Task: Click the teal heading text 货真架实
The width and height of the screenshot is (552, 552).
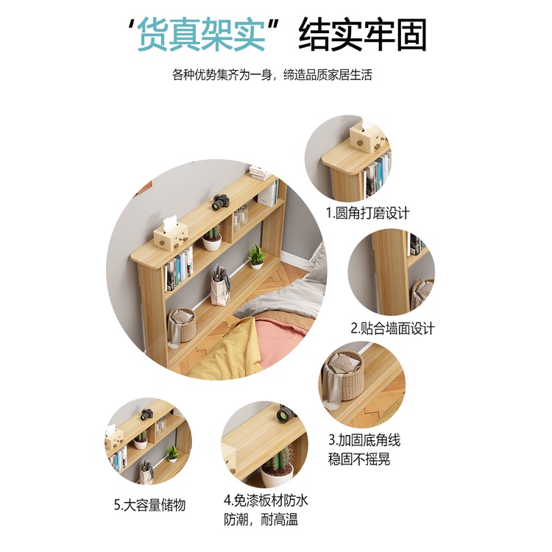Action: point(201,35)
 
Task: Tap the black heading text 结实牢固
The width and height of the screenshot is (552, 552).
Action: point(363,35)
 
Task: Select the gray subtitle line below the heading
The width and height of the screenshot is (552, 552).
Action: point(272,74)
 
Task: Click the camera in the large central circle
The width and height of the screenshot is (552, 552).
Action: point(221,202)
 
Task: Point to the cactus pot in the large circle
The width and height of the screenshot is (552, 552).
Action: point(212,238)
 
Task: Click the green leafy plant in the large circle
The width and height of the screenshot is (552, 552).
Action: point(257,257)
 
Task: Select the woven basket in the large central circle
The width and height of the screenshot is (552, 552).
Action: point(182,325)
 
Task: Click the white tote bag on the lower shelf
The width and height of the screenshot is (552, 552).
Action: point(220,285)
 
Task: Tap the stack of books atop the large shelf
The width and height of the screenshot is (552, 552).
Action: point(260,173)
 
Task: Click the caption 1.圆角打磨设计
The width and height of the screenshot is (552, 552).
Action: point(367,213)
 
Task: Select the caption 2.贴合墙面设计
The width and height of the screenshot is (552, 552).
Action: point(393,328)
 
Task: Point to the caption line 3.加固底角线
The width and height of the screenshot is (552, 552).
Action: point(364,440)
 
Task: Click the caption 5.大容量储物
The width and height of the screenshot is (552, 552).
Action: point(149,505)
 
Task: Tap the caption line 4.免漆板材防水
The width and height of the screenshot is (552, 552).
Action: point(266,500)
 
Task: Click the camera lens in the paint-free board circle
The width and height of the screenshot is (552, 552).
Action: point(283,415)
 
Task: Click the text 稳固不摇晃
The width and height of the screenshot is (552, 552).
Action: point(359,459)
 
